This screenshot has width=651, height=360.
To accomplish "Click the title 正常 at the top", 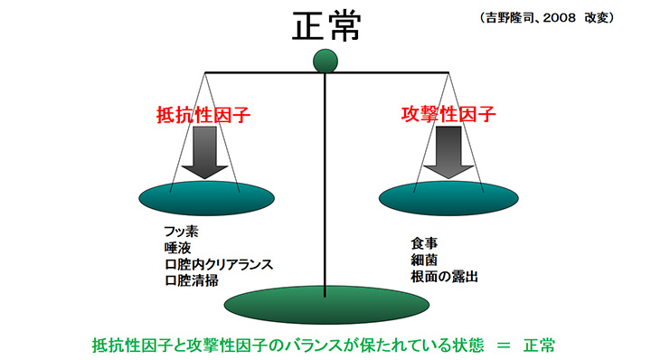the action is (x=325, y=26).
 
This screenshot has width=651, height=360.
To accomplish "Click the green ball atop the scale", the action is (x=325, y=62).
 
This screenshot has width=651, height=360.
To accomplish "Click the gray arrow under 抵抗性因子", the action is (x=206, y=151).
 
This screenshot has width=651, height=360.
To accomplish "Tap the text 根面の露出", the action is (x=443, y=276).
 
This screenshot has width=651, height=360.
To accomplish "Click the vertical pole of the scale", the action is (x=325, y=181).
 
